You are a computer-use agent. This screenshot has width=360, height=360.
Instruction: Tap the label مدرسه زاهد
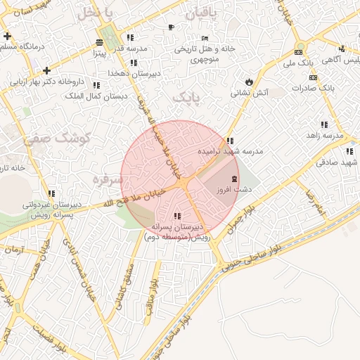coord(323,135)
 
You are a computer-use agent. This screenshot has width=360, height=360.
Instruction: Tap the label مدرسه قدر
coord(131,49)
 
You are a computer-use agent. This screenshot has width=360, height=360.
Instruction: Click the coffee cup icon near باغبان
coord(171,27)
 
